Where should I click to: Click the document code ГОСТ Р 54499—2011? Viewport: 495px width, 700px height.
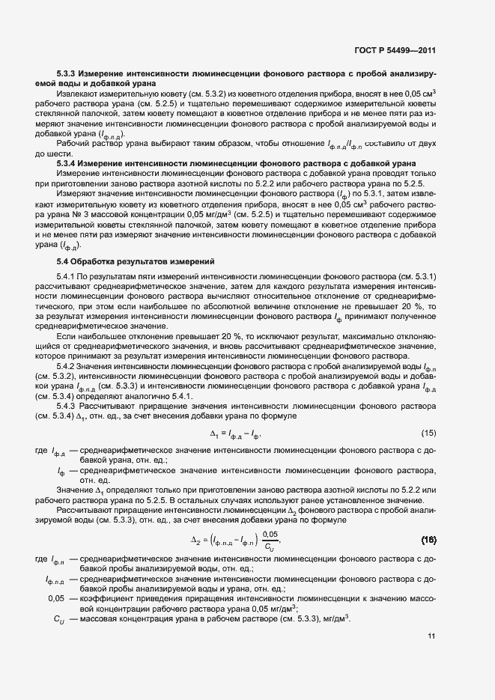point(394,50)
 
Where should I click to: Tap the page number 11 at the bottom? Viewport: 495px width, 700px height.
point(431,636)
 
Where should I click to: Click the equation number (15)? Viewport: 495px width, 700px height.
point(428,433)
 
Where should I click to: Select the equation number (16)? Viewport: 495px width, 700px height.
point(428,539)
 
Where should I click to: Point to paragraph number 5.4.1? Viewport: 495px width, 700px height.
point(68,277)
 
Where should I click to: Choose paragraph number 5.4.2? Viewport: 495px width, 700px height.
point(68,366)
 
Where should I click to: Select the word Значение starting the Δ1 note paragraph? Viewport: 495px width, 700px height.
point(77,490)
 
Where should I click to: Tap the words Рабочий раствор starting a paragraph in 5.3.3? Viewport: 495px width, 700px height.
point(90,142)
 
